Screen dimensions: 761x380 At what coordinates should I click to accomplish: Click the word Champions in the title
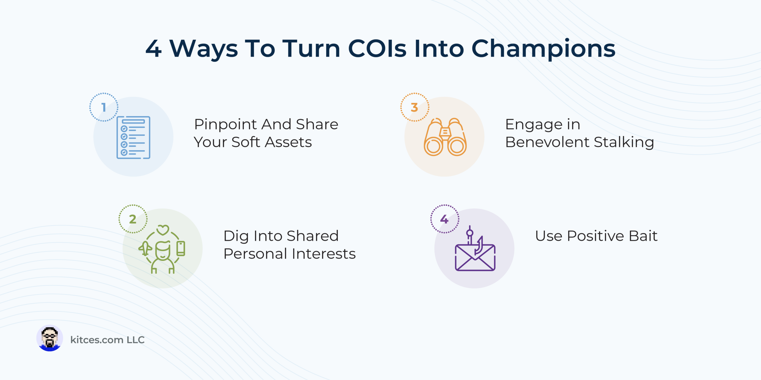coord(543,49)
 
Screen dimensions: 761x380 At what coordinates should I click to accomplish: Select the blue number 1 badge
coord(104,107)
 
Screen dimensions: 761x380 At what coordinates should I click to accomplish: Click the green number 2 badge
coord(133,219)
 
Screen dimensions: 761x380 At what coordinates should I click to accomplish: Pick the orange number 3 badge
coord(415,107)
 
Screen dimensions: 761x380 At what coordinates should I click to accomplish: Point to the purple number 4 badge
coord(445,219)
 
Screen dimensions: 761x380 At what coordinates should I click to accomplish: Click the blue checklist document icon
coord(133,137)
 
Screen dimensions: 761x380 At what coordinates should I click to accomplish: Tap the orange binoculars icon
coord(445,137)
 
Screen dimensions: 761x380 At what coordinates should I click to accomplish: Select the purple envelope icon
coord(475,257)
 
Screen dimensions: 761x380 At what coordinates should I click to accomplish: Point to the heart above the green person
coord(163,230)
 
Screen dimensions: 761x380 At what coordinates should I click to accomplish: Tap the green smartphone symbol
coord(181,248)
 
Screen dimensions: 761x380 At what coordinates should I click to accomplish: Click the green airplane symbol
coord(145,248)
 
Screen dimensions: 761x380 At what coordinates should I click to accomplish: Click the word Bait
coord(643,236)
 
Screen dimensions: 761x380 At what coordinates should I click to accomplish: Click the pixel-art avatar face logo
coord(50,338)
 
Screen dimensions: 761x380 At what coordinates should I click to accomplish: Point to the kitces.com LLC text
coord(107,340)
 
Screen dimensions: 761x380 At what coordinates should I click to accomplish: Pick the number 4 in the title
coord(154,48)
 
